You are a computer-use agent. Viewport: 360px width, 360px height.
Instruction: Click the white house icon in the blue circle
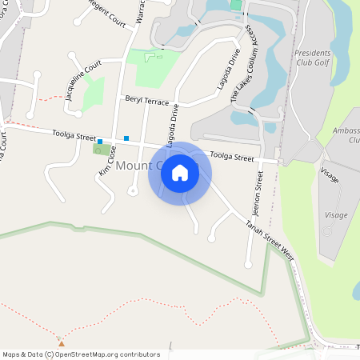(x=180, y=173)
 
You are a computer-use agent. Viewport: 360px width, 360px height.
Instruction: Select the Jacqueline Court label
(x=83, y=78)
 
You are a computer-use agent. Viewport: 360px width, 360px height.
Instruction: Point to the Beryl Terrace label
(x=146, y=101)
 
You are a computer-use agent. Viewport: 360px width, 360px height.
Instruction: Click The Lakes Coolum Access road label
(x=242, y=62)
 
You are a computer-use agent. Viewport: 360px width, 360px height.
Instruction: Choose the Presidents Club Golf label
(x=313, y=56)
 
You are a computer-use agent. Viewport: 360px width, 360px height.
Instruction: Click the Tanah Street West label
(x=270, y=237)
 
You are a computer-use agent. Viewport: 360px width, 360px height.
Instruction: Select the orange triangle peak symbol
(x=61, y=342)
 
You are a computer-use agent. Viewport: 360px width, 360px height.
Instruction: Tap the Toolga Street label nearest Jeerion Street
(x=232, y=157)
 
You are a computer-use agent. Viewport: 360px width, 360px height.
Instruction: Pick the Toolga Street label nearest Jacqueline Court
(x=69, y=136)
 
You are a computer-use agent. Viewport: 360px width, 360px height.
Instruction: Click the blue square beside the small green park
(x=100, y=142)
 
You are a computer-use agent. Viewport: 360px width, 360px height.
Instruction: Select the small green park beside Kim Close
(x=102, y=150)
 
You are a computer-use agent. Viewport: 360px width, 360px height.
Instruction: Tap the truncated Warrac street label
(x=140, y=11)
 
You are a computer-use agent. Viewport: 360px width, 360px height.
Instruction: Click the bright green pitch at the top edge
(x=236, y=5)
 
